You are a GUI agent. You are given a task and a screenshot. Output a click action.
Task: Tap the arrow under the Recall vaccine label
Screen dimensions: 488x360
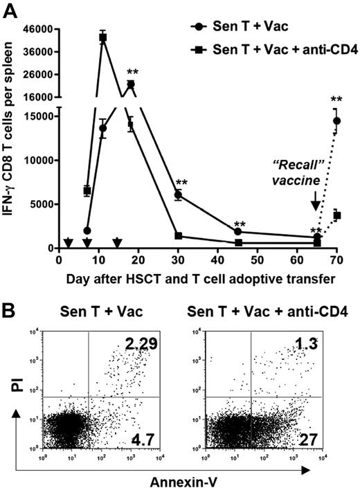tap(315, 201)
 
